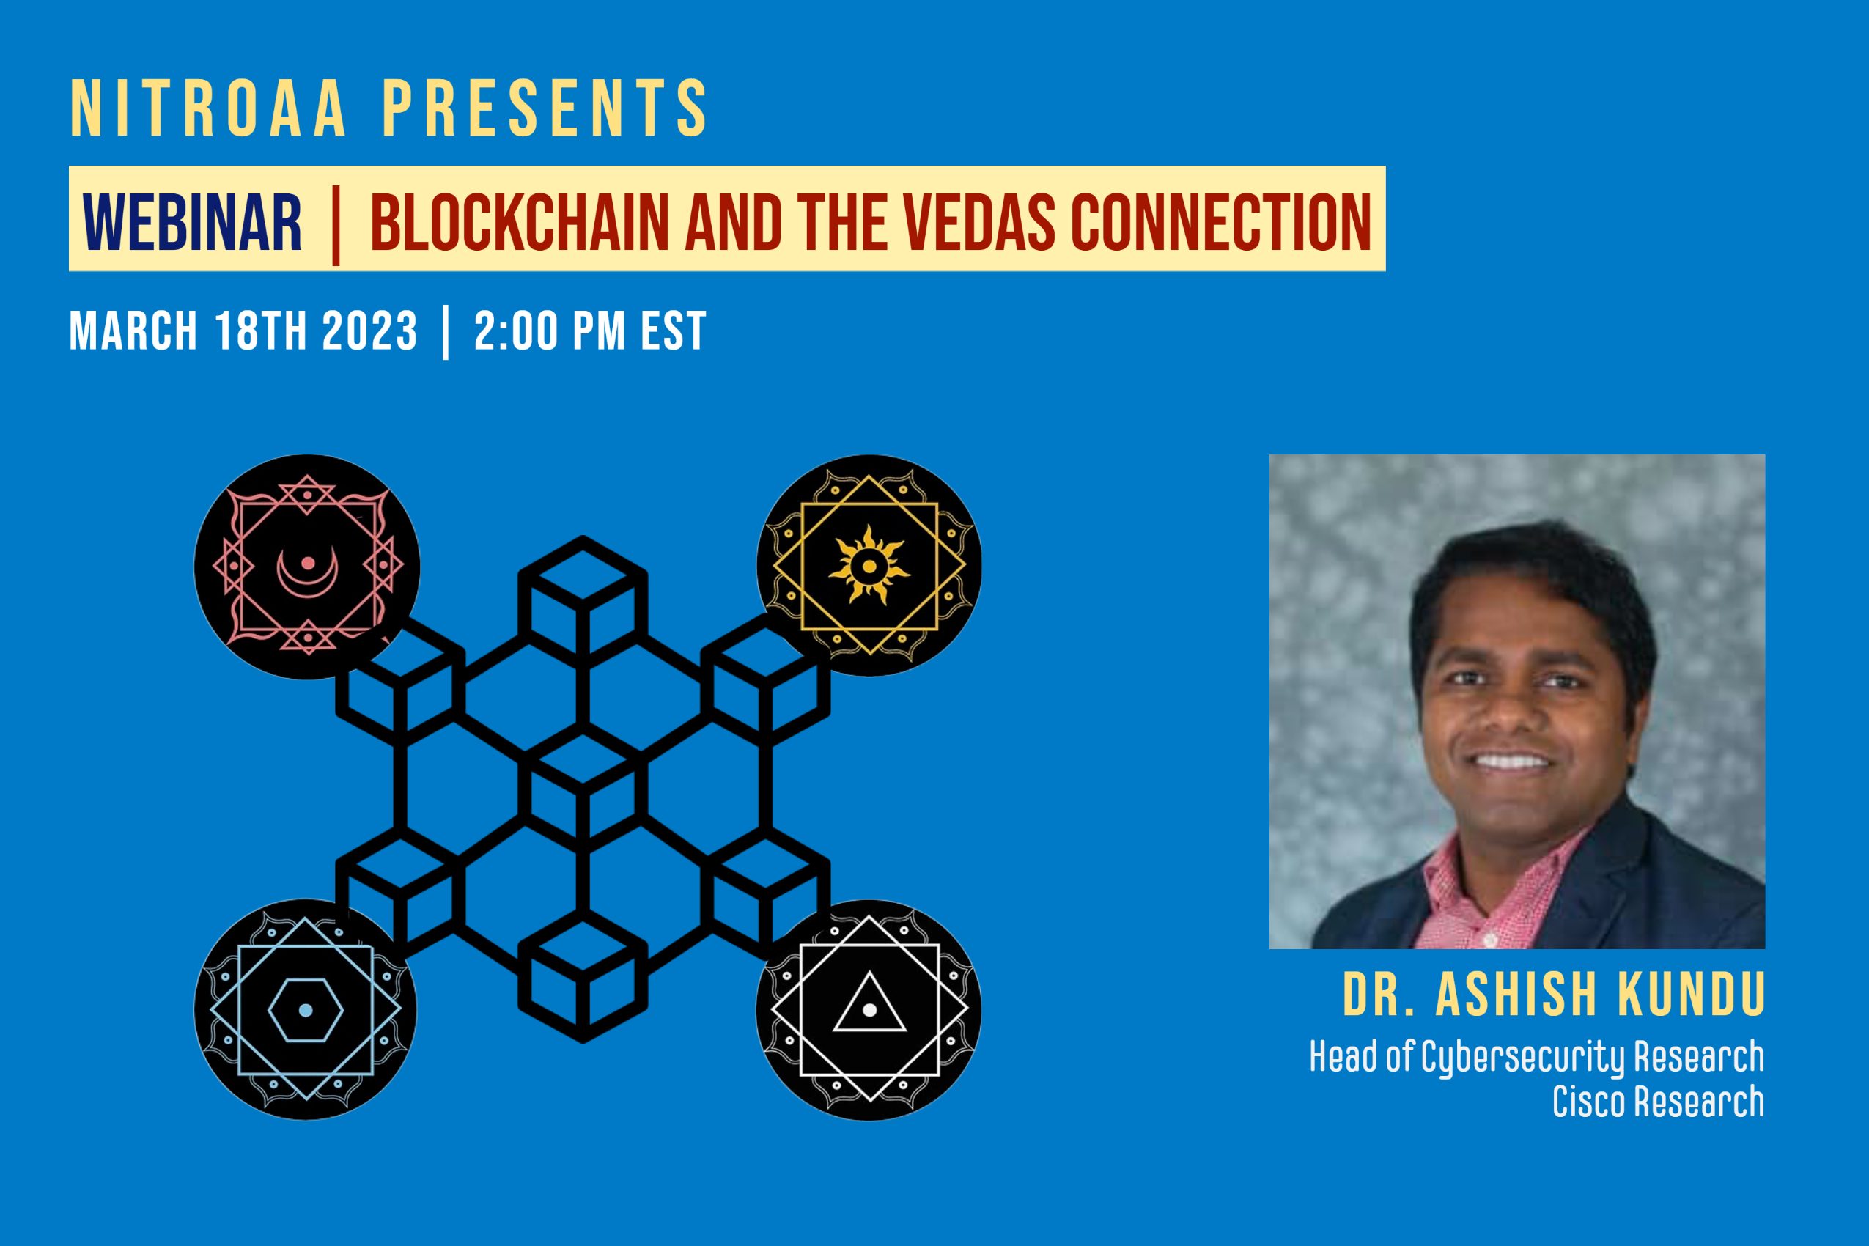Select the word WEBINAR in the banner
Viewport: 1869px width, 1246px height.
(x=192, y=223)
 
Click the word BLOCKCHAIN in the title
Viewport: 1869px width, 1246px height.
(x=520, y=223)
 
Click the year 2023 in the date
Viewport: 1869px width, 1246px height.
(x=369, y=331)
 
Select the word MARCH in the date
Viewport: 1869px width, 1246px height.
(x=133, y=331)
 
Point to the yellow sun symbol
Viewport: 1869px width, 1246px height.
(x=869, y=566)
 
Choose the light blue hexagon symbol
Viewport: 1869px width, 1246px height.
(x=306, y=1010)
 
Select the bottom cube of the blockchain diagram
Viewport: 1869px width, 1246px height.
(x=583, y=976)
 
